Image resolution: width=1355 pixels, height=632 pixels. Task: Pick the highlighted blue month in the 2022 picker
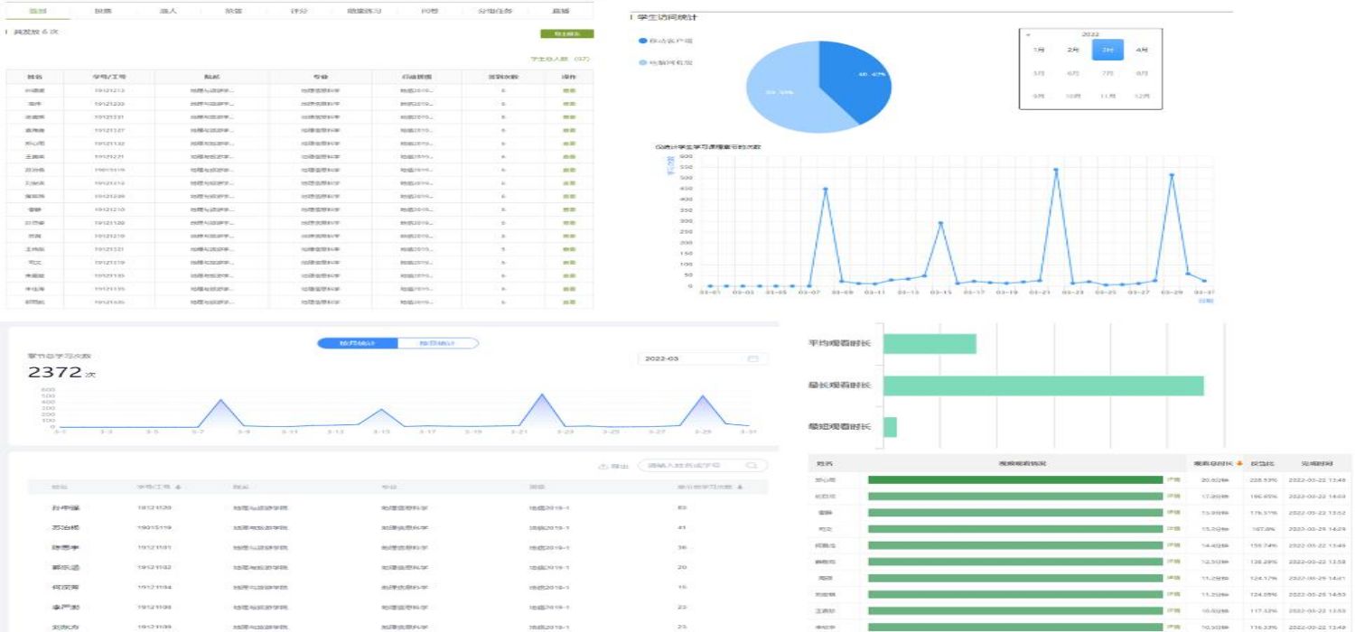[1107, 50]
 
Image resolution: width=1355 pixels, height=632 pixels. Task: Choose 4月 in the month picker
[1142, 50]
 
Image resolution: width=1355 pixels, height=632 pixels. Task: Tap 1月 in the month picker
[1039, 50]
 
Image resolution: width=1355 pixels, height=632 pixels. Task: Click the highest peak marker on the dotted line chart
[1055, 170]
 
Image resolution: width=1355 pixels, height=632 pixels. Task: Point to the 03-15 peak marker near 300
[940, 223]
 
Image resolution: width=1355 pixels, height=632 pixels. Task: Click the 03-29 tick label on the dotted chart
[1172, 293]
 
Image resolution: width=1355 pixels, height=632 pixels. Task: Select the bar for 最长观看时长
[1043, 386]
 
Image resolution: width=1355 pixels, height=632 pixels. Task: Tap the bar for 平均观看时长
[930, 344]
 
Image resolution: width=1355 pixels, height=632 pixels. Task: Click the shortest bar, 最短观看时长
[890, 427]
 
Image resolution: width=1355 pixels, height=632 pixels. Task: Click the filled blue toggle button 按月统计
[357, 343]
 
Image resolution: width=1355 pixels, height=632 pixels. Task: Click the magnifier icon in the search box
[750, 466]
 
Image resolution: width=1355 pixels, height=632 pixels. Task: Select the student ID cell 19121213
[109, 91]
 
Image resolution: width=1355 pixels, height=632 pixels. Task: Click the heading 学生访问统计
[669, 17]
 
